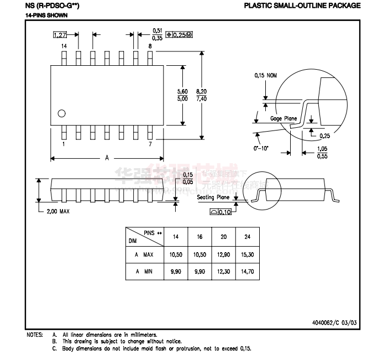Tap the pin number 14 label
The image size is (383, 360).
coord(64,46)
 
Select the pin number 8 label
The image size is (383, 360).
coord(150,46)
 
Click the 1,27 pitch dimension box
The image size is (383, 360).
coord(60,35)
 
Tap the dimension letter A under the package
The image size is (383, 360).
coord(107,158)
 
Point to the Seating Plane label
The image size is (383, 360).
coord(213,197)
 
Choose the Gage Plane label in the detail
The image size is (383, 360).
coord(284,118)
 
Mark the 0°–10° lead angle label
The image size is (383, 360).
coord(263,149)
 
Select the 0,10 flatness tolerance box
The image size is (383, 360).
coord(221,212)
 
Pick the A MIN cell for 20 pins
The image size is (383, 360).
coord(223,272)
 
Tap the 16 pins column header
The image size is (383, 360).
coord(200,237)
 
